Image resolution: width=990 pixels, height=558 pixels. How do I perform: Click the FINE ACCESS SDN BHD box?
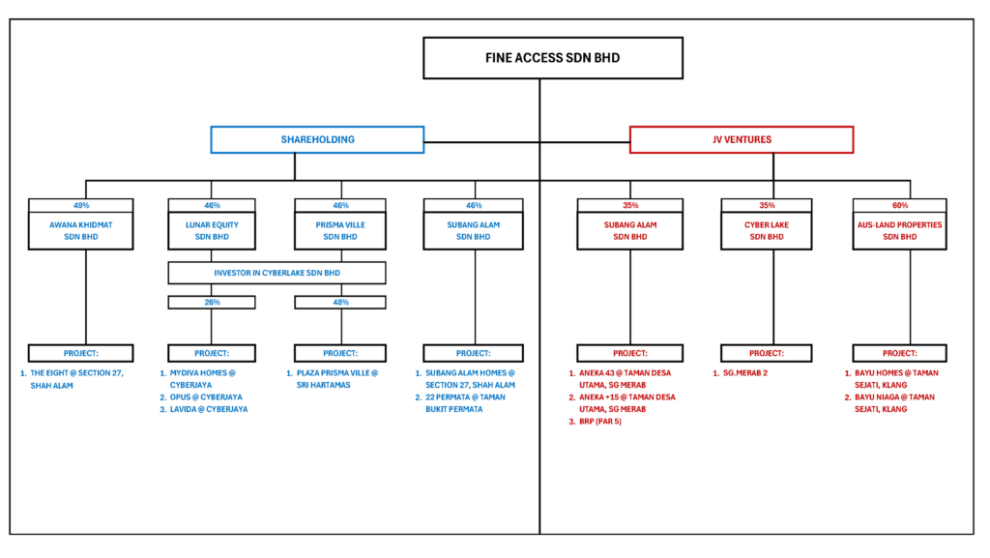tap(552, 58)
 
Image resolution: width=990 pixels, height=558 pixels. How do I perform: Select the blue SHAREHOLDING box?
tap(317, 139)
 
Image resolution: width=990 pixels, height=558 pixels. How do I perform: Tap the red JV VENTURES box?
tap(741, 139)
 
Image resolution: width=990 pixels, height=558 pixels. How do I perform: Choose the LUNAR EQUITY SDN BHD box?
tap(211, 230)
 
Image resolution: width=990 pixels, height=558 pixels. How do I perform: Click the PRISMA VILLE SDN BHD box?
tap(341, 230)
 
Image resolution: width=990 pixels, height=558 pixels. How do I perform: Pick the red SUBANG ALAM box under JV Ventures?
tap(629, 230)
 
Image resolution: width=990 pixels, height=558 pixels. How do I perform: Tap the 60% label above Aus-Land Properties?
tap(899, 205)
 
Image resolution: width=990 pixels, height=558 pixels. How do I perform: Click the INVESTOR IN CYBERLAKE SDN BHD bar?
tap(277, 273)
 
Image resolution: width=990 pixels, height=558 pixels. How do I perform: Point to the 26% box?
tap(211, 302)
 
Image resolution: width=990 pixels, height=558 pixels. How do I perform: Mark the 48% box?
tap(341, 302)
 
